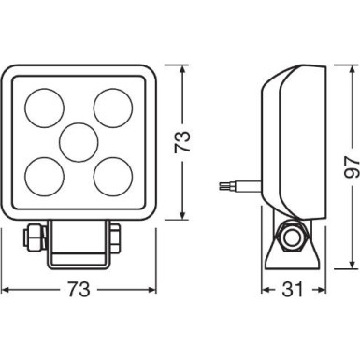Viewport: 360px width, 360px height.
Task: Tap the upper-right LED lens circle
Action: click(112, 107)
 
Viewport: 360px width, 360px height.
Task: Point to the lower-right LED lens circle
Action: click(112, 173)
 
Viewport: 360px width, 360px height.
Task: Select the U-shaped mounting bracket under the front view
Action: click(79, 245)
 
